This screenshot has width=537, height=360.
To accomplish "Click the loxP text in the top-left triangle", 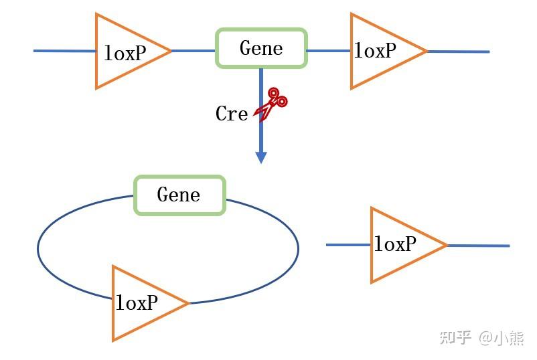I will pyautogui.click(x=125, y=53).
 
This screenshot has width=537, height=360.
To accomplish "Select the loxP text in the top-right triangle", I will pyautogui.click(x=375, y=50).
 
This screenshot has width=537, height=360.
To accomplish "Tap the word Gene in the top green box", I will pyautogui.click(x=261, y=48).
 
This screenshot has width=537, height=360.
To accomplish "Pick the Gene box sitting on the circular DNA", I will pyautogui.click(x=179, y=195).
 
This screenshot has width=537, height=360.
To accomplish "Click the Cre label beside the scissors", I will pyautogui.click(x=232, y=114).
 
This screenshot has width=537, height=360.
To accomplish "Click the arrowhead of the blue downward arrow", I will pyautogui.click(x=261, y=157).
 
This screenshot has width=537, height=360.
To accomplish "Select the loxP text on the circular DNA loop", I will pyautogui.click(x=137, y=303).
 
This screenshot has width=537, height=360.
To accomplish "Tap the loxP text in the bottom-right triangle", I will pyautogui.click(x=395, y=244).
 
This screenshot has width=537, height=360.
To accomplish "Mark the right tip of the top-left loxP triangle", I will pyautogui.click(x=170, y=50).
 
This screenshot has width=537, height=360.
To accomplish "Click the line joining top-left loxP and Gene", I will pyautogui.click(x=194, y=50).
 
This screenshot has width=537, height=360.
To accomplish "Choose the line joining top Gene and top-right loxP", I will pyautogui.click(x=329, y=50).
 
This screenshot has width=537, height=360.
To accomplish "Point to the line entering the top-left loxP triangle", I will pyautogui.click(x=64, y=50).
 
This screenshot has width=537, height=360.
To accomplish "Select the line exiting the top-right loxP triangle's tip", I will pyautogui.click(x=459, y=51).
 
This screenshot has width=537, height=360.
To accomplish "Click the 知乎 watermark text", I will pyautogui.click(x=455, y=337).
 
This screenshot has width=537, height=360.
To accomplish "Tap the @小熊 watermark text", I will pyautogui.click(x=502, y=337).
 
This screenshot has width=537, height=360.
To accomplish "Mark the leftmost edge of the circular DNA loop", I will pyautogui.click(x=38, y=249).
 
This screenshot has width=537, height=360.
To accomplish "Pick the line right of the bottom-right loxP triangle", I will pyautogui.click(x=478, y=246).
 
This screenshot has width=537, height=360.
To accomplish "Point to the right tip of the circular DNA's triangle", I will pyautogui.click(x=188, y=303).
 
